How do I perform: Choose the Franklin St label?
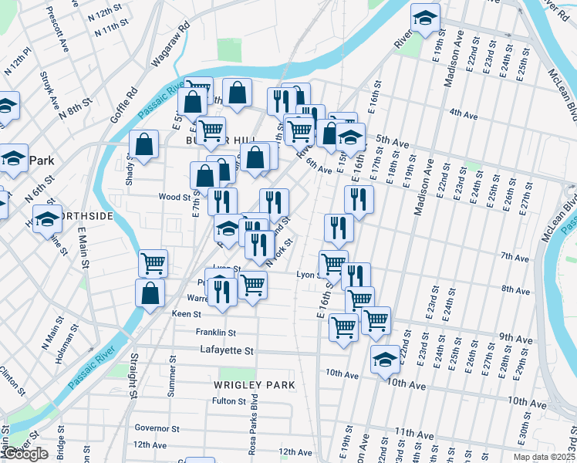coord(215,333)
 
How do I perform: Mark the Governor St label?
coord(157,428)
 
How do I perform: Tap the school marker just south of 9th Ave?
coord(385,360)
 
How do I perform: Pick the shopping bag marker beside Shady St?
coord(144,144)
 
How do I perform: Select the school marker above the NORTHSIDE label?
coord(47,219)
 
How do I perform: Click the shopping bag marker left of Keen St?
coord(150,293)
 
